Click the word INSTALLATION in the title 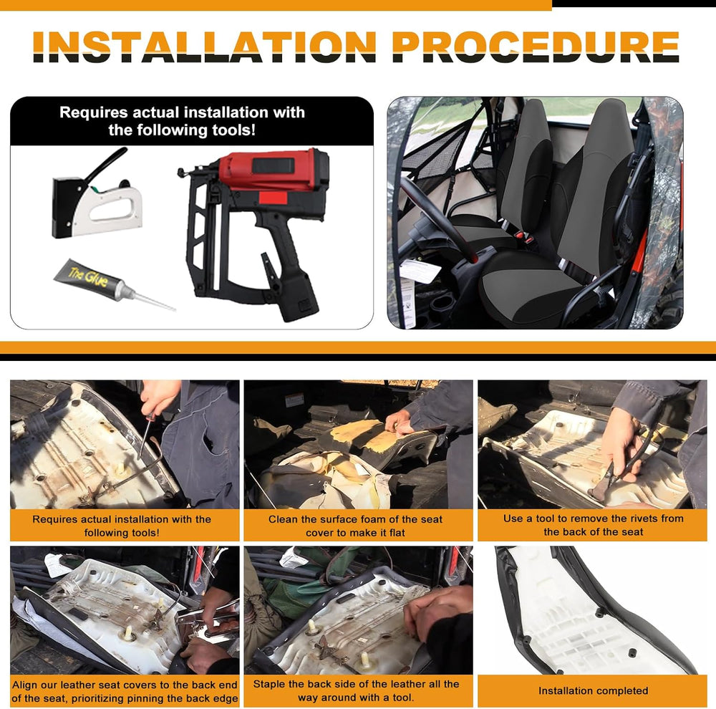tap(205, 47)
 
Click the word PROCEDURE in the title tap(536, 47)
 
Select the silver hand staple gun tap(96, 194)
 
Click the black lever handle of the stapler tap(106, 163)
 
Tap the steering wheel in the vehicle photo tap(437, 219)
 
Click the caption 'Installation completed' tap(593, 690)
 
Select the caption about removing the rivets tap(593, 525)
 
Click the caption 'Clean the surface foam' tap(355, 526)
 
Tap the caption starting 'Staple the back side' tap(356, 690)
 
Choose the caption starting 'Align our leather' tap(125, 691)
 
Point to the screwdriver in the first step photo tap(145, 434)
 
